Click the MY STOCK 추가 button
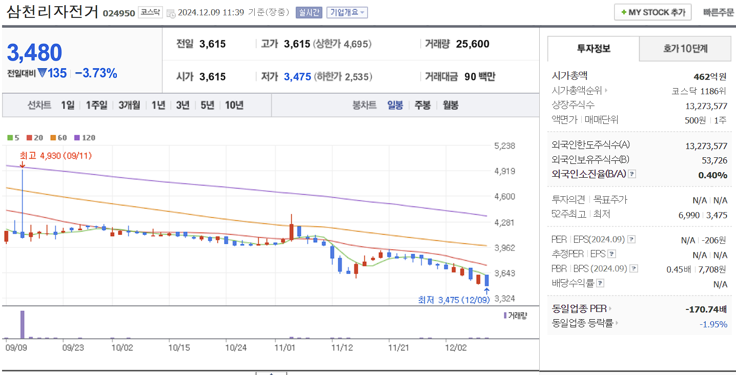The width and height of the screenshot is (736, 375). point(652,12)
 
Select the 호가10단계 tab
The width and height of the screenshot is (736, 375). point(685,49)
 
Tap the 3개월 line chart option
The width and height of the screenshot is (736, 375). point(129,105)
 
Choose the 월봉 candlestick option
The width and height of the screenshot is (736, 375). point(451,105)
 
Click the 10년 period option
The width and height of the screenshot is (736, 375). point(234,105)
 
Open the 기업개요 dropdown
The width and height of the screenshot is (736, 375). point(347,12)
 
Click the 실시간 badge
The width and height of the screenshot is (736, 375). point(309,12)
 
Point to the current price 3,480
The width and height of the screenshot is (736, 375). point(34,53)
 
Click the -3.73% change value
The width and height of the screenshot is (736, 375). point(96,73)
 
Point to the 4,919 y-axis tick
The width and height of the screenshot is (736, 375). point(505,171)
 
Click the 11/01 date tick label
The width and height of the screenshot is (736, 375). point(285,347)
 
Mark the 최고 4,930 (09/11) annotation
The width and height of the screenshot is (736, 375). point(55,155)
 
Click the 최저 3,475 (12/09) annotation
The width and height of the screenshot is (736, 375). point(454,300)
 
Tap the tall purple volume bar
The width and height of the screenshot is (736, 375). point(22,324)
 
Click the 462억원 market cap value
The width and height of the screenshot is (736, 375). point(710,77)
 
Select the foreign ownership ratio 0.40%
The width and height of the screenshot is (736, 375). point(712,175)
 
